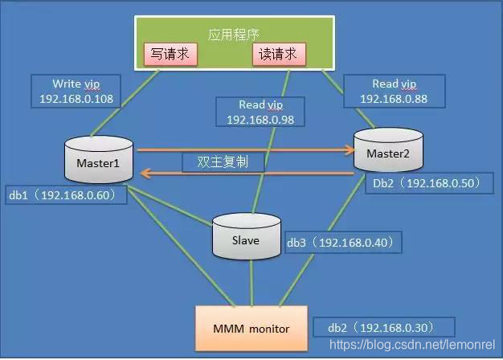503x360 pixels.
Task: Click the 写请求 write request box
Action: (x=170, y=54)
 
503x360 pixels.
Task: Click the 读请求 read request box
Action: (x=279, y=54)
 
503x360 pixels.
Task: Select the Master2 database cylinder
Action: (x=388, y=151)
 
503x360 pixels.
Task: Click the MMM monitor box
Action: (x=251, y=328)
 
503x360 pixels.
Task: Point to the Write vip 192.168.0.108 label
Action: (x=77, y=92)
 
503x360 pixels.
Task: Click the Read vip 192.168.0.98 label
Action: (x=260, y=112)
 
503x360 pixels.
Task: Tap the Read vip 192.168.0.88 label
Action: (x=394, y=91)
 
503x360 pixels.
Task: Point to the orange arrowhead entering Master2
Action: (x=350, y=149)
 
